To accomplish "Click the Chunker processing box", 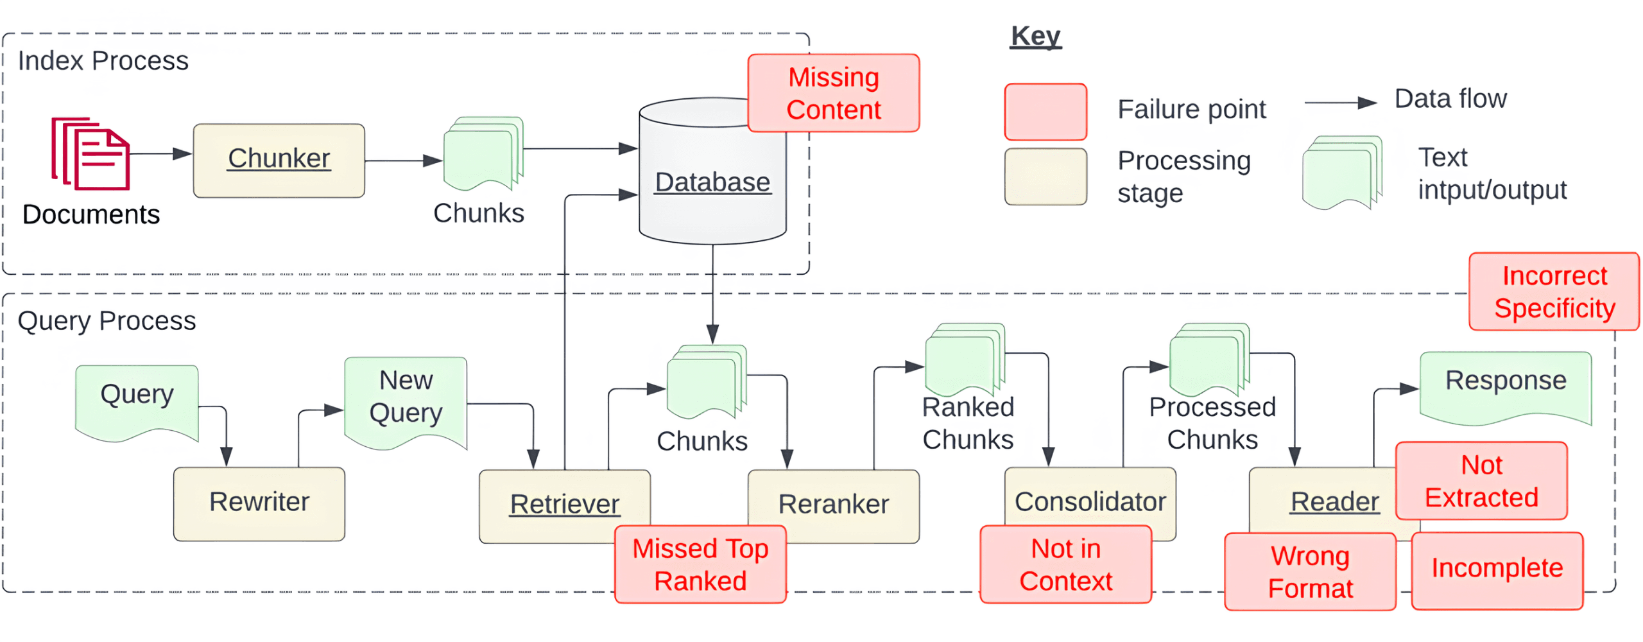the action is [x=279, y=160].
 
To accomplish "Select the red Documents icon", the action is [x=90, y=153].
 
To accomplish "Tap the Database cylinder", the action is [x=712, y=171].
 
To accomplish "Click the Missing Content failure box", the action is [x=834, y=93].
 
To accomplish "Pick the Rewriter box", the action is [x=259, y=504].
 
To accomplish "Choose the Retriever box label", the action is [x=565, y=504].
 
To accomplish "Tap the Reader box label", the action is [x=1335, y=501].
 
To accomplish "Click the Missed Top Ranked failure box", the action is [x=700, y=564].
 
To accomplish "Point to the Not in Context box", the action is [x=1066, y=564].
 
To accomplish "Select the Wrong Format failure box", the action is [x=1311, y=571].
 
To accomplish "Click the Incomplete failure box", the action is [x=1497, y=571].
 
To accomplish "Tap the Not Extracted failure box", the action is [x=1482, y=481].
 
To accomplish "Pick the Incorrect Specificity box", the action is [x=1554, y=291].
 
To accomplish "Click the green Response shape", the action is [x=1506, y=388].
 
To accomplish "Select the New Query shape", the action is [x=406, y=403].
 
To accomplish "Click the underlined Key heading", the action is [x=1035, y=36].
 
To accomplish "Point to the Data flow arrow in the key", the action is [x=1340, y=102].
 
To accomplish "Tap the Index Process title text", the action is [x=103, y=61].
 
